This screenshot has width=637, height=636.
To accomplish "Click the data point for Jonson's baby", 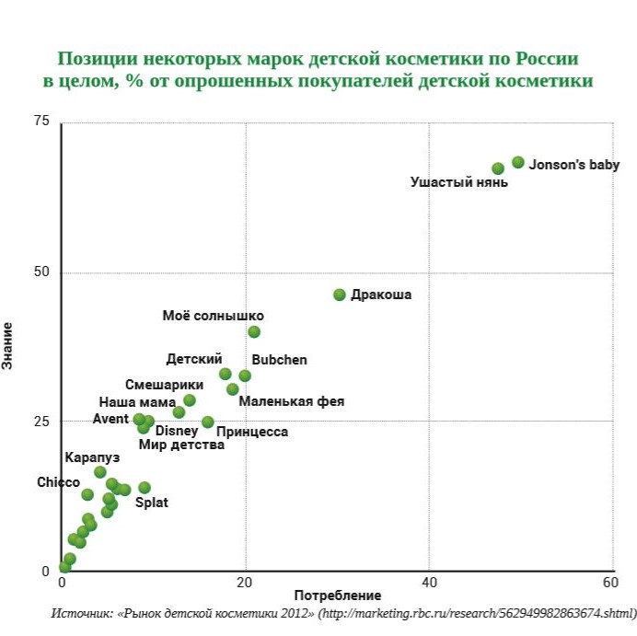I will (518, 162).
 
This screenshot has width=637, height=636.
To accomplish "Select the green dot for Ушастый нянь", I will (498, 168).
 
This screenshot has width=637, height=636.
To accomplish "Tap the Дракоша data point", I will (340, 295).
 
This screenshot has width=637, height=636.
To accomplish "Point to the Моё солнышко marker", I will (254, 331).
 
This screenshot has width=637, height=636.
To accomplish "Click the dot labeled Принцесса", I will (208, 422).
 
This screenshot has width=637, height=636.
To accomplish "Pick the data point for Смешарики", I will (190, 400).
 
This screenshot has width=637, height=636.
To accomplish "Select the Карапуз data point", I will (100, 472).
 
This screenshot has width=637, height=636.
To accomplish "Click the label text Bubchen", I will (279, 360).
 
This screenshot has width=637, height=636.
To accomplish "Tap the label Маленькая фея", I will (291, 401).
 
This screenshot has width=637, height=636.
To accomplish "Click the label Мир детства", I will (181, 445).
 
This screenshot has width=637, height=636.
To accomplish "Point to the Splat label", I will (152, 503).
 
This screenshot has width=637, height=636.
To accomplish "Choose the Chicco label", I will (58, 482).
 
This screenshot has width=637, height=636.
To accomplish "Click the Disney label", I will (177, 431).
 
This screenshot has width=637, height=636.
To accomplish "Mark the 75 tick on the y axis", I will (41, 121).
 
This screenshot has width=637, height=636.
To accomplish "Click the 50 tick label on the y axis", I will (41, 272).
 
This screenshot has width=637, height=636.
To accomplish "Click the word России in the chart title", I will (546, 59).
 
